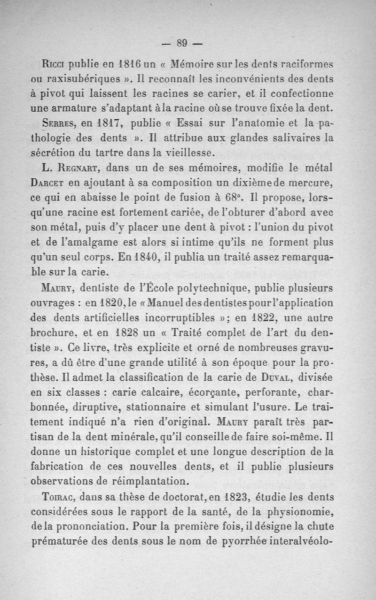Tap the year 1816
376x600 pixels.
tap(130, 63)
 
